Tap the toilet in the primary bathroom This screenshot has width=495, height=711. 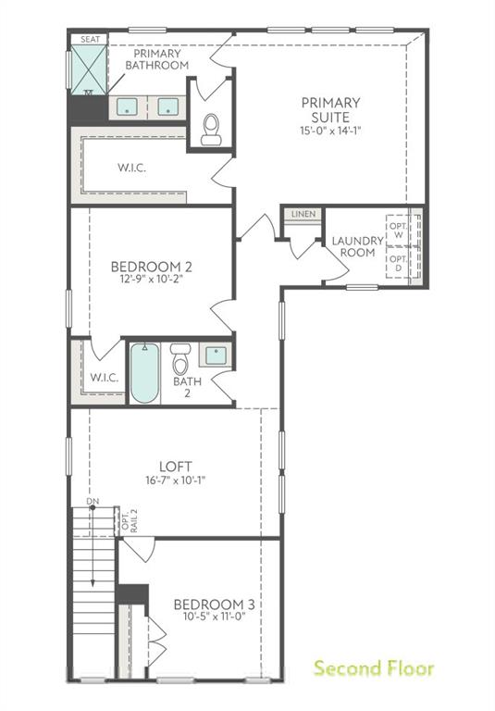pos(211,129)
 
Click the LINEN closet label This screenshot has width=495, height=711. pos(303,215)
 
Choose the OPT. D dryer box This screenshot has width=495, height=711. pos(398,263)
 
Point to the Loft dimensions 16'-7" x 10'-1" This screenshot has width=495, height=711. pos(174,480)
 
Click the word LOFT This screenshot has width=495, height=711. pos(174,466)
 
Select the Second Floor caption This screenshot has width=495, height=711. pos(373,667)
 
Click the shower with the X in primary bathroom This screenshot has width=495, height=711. pos(91,68)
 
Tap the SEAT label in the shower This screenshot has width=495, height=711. pos(90,40)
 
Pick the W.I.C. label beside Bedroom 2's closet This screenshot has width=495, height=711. pos(103,377)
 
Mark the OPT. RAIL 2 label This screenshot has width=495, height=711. pos(130,522)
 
